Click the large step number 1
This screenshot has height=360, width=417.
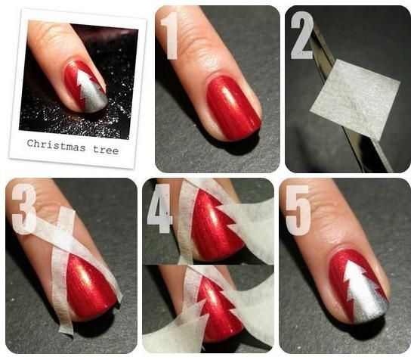coord(169,36)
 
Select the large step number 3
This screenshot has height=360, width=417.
coord(24,209)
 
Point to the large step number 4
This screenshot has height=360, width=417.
coord(159,209)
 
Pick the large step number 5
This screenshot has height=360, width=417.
coord(298,210)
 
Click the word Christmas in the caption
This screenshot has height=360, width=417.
coord(56,145)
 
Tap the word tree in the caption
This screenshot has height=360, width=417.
coord(106,150)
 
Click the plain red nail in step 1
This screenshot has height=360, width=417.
coord(233,108)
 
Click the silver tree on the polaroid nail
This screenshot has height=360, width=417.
coord(91,93)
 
